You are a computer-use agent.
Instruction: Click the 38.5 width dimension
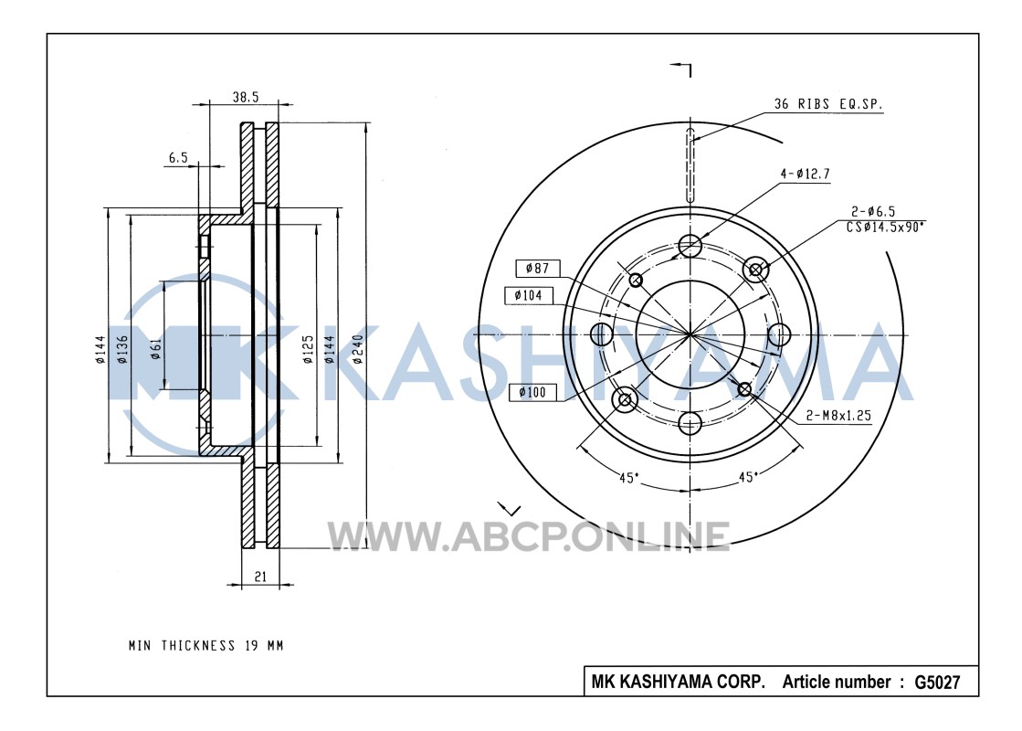pyautogui.click(x=245, y=97)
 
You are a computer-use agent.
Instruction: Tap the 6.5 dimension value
pyautogui.click(x=178, y=157)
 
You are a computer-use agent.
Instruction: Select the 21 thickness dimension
pyautogui.click(x=260, y=577)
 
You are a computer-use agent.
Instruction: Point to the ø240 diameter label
pyautogui.click(x=358, y=350)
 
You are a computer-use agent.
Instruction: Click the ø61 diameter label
pyautogui.click(x=155, y=348)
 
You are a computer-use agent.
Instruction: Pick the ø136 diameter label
pyautogui.click(x=122, y=350)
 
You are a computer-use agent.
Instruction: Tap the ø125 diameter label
pyautogui.click(x=308, y=350)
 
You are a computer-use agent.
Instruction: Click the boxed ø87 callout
pyautogui.click(x=537, y=268)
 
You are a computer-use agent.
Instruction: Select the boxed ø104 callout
pyautogui.click(x=528, y=295)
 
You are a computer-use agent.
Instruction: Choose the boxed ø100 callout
pyautogui.click(x=532, y=392)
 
